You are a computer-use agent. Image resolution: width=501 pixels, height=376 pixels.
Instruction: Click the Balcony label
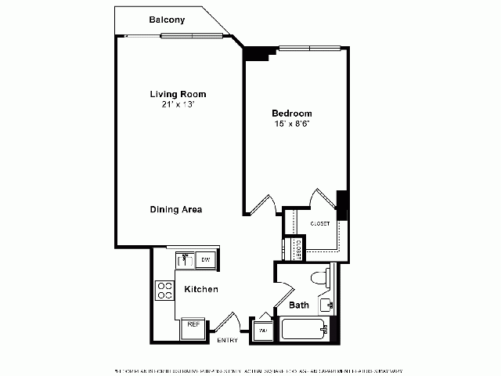[167, 20]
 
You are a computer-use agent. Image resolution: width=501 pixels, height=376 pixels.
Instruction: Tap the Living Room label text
[178, 94]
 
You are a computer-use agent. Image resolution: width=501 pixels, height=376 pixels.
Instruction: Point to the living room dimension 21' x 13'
[178, 104]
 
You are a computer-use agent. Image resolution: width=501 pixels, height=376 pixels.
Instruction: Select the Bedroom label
[292, 113]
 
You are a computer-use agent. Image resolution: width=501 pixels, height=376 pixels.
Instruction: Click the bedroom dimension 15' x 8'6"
[292, 123]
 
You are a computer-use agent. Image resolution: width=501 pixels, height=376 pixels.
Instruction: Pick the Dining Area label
[177, 209]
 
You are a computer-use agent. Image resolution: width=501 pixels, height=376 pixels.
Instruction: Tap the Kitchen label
[200, 290]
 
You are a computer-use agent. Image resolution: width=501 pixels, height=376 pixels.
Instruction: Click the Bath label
[299, 305]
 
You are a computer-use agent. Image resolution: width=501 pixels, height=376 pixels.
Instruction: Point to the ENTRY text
[228, 340]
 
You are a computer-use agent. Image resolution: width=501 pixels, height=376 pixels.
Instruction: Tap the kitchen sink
[186, 259]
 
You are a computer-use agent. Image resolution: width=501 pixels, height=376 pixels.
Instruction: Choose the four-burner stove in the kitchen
[165, 291]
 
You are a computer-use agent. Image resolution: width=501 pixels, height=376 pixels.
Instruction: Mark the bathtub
[305, 330]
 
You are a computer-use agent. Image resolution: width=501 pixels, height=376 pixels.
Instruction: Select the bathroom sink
[327, 305]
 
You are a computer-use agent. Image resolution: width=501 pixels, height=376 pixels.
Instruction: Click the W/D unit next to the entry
[261, 331]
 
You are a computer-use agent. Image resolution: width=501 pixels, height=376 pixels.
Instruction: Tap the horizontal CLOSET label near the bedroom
[320, 224]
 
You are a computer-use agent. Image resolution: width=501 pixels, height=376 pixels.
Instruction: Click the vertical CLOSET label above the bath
[298, 248]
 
